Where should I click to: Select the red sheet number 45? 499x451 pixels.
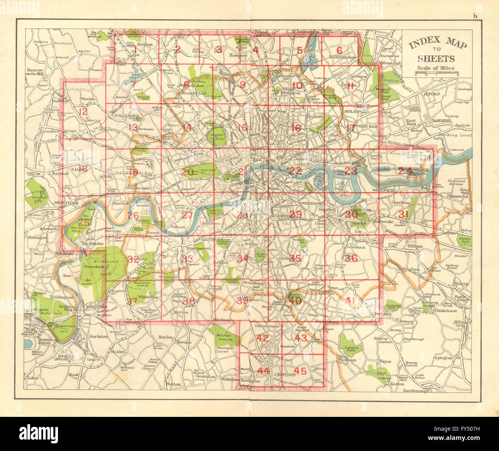pos(299,371)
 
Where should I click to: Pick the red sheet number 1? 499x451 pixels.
pos(135,49)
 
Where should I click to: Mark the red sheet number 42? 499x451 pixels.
pos(263,338)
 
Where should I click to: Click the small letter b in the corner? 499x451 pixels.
pos(475,16)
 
